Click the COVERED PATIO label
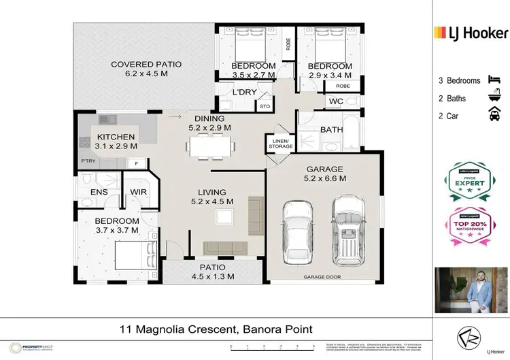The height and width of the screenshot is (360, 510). click(x=146, y=65)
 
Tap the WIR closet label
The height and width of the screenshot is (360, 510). click(x=139, y=193)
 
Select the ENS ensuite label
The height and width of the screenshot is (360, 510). click(x=99, y=193)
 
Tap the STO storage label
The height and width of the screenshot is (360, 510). click(x=264, y=106)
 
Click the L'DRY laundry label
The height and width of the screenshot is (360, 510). click(x=243, y=93)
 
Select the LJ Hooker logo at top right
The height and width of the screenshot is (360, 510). click(x=471, y=32)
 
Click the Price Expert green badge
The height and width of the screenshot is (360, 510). click(x=470, y=182)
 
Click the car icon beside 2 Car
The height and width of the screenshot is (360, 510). click(x=492, y=116)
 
